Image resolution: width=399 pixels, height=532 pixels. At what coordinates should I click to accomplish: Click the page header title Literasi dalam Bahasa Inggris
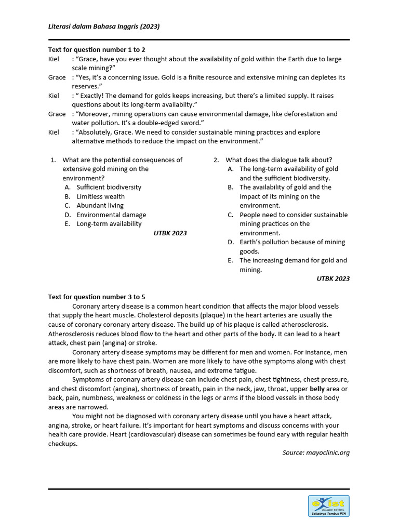click(x=104, y=26)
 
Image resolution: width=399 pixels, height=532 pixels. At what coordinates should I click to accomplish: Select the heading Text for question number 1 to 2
click(x=93, y=50)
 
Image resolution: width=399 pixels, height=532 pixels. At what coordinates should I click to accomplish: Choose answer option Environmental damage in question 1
click(x=111, y=215)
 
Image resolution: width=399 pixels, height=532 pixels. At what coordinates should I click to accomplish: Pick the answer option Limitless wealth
click(x=100, y=196)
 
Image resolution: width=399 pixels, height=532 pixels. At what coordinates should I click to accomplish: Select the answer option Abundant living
click(x=100, y=205)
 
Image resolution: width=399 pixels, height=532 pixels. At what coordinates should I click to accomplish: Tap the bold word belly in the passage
click(x=317, y=389)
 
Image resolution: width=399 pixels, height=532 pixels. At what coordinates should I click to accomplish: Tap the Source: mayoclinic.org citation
click(x=316, y=453)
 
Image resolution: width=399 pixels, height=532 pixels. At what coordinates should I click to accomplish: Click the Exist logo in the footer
click(x=328, y=506)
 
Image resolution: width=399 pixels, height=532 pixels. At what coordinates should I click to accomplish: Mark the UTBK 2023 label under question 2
click(x=333, y=278)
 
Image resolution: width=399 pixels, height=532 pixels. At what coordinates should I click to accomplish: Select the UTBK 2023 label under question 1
click(x=170, y=233)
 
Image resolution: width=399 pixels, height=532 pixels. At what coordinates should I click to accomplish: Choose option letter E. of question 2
click(x=230, y=260)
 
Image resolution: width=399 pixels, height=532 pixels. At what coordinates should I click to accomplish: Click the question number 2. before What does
click(x=216, y=160)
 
